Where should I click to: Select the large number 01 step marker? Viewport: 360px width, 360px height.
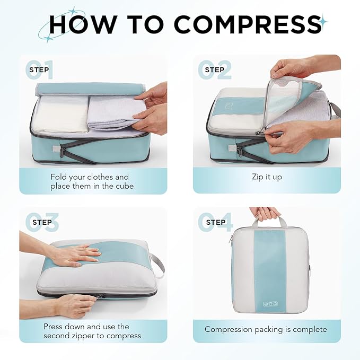[x=39, y=69]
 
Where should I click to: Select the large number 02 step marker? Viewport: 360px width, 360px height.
[x=215, y=69]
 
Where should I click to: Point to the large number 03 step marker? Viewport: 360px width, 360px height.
[x=39, y=222]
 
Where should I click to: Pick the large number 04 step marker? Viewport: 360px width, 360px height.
[x=215, y=222]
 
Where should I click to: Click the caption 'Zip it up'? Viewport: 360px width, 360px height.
[x=267, y=177]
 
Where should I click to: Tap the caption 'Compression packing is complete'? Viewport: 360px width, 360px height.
[x=266, y=329]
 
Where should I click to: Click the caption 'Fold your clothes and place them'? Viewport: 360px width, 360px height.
[x=90, y=181]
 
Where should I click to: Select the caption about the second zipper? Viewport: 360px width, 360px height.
[x=92, y=331]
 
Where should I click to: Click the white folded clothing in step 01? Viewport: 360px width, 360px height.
[x=61, y=114]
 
